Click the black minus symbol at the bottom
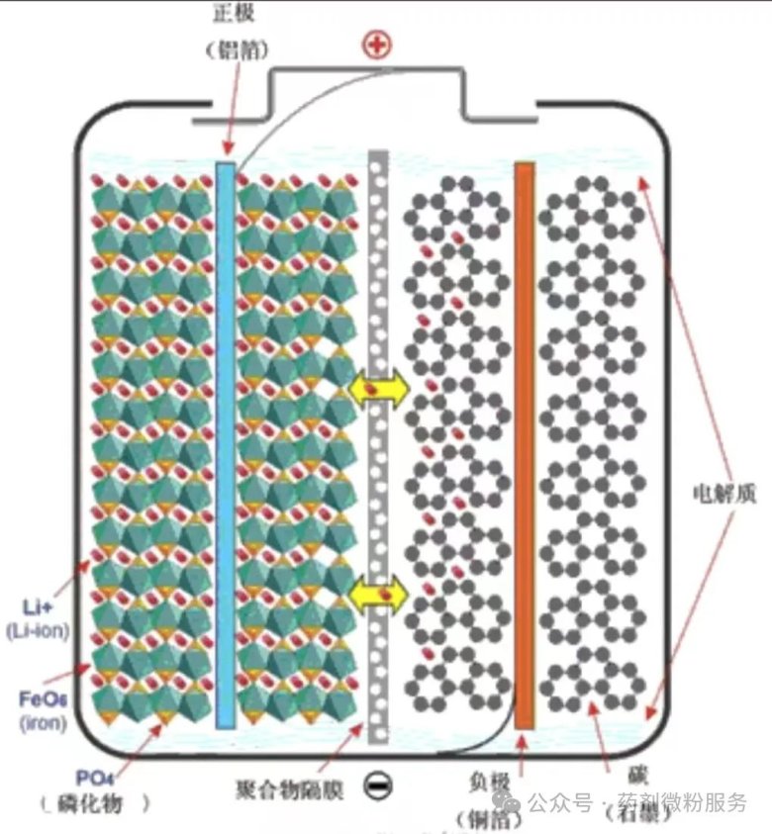click(378, 786)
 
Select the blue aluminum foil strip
click(226, 445)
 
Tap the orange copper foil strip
click(525, 445)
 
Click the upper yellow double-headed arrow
click(378, 389)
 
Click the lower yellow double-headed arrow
click(378, 593)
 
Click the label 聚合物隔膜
click(290, 789)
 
